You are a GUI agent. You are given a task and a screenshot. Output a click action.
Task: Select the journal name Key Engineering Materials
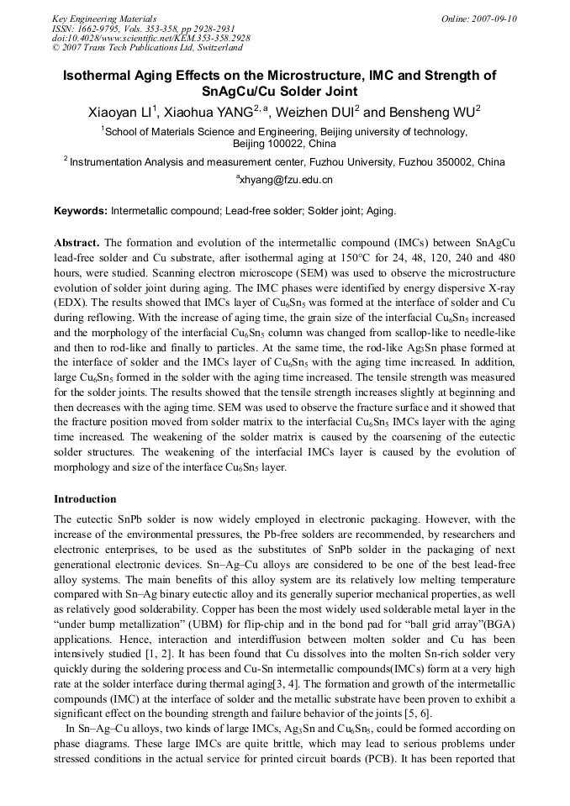point(103,18)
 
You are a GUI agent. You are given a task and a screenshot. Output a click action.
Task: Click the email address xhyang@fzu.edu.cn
point(286,180)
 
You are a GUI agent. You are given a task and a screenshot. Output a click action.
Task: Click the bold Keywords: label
point(81,210)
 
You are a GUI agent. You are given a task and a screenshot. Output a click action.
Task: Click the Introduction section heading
point(86,499)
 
